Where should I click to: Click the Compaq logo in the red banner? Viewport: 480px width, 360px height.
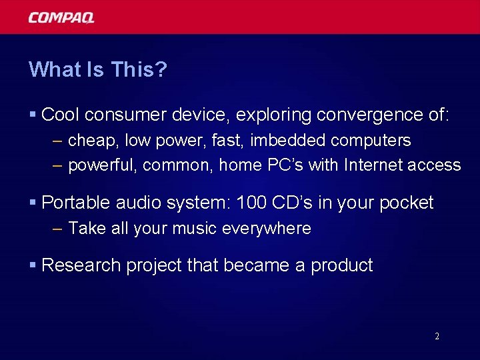tap(61, 17)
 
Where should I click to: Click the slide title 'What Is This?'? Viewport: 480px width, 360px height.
tap(97, 69)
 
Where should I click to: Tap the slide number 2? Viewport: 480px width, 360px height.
tap(437, 336)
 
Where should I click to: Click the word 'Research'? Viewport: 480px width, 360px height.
tap(79, 265)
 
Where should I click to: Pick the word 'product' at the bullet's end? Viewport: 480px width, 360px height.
tap(342, 266)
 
